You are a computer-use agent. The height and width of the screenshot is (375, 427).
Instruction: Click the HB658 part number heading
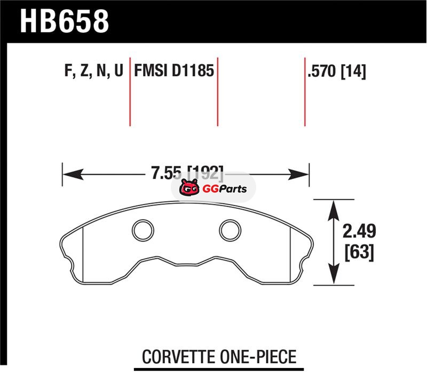(65, 21)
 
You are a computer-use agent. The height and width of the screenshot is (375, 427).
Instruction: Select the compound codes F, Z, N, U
(94, 71)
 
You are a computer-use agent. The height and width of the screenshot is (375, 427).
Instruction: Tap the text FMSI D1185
(174, 71)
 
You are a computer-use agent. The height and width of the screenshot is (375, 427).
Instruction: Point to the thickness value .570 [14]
(337, 72)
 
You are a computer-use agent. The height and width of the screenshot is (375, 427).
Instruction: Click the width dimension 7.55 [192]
(187, 173)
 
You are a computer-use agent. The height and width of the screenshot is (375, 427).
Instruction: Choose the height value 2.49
(359, 231)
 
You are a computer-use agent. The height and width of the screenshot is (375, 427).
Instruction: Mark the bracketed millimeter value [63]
(359, 252)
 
